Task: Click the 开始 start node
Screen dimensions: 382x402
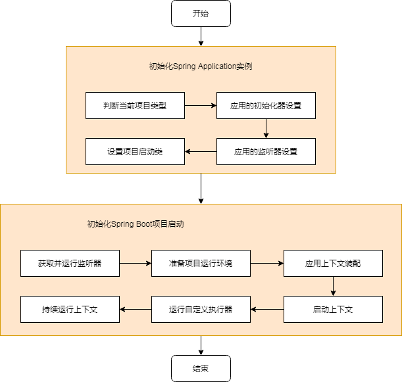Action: pyautogui.click(x=201, y=13)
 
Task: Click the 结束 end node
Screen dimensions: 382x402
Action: pyautogui.click(x=201, y=368)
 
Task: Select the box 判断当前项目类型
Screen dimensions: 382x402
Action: pyautogui.click(x=135, y=105)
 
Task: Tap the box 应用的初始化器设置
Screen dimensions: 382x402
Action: pyautogui.click(x=266, y=105)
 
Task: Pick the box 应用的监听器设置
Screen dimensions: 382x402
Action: pyautogui.click(x=266, y=151)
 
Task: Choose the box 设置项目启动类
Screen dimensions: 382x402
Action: pyautogui.click(x=135, y=151)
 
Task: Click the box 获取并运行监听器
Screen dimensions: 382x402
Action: pyautogui.click(x=70, y=263)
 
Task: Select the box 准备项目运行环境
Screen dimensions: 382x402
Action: pyautogui.click(x=201, y=263)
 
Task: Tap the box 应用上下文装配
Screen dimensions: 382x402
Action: pyautogui.click(x=333, y=263)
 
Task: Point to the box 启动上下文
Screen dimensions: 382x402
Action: pyautogui.click(x=333, y=309)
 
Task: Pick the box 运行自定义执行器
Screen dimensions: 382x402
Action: pyautogui.click(x=201, y=309)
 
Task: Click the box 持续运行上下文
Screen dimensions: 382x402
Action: pyautogui.click(x=70, y=309)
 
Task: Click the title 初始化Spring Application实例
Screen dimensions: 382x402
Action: pyautogui.click(x=201, y=66)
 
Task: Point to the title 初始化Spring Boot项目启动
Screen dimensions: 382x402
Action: pyautogui.click(x=135, y=224)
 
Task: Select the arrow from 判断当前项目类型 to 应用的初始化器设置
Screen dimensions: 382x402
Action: pyautogui.click(x=200, y=105)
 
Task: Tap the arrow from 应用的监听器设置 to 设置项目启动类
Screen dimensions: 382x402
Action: pyautogui.click(x=200, y=151)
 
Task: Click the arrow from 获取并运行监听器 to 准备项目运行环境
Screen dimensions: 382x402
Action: pyautogui.click(x=135, y=263)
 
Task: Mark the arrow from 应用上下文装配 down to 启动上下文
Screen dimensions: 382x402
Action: pyautogui.click(x=333, y=286)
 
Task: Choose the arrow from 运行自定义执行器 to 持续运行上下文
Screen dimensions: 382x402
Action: pyautogui.click(x=135, y=309)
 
